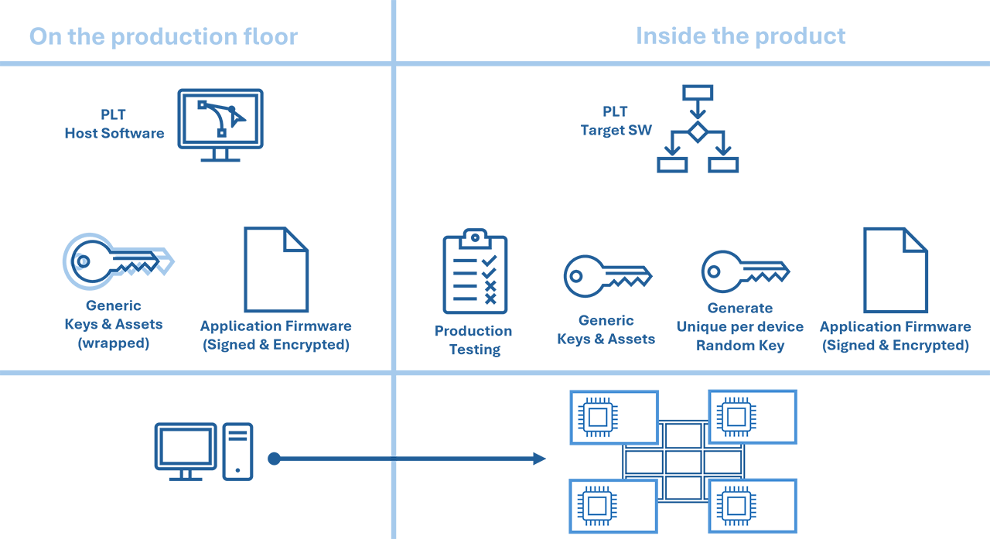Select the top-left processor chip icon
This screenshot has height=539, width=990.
pos(597,418)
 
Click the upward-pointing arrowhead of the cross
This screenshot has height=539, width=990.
pos(683,411)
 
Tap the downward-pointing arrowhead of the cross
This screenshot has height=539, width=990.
pos(683,513)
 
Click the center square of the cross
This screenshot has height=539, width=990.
pos(683,462)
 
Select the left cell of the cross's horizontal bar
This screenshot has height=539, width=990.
pos(643,462)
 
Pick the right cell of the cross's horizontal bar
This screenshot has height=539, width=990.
pos(722,462)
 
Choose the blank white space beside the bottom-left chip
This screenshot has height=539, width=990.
pos(635,506)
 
